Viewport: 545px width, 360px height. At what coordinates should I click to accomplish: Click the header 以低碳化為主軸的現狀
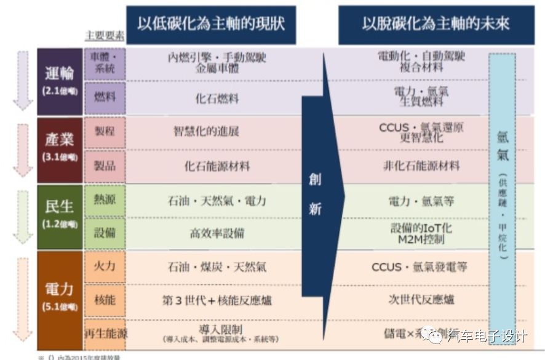[x=211, y=25]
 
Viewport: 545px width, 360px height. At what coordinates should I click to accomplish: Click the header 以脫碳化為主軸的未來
[x=436, y=25]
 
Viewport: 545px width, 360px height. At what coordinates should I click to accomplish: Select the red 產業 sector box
[x=60, y=148]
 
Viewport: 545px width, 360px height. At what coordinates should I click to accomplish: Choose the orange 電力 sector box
[x=60, y=298]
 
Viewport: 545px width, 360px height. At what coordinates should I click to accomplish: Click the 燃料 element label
[x=105, y=97]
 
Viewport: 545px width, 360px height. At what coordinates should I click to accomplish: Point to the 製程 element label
[x=105, y=132]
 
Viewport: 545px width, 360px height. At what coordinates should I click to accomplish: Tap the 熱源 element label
[x=105, y=199]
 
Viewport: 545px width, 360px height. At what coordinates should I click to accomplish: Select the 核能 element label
[x=105, y=300]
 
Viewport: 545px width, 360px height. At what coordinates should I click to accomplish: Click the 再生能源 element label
[x=105, y=334]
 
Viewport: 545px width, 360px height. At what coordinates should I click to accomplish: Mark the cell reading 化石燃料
[x=212, y=98]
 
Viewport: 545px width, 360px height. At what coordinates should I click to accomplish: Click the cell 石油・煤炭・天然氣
[x=217, y=267]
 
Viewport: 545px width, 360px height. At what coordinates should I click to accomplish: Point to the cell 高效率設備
[x=217, y=233]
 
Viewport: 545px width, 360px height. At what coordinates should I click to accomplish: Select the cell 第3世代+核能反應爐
[x=217, y=301]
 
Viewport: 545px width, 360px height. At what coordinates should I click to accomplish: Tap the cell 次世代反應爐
[x=421, y=300]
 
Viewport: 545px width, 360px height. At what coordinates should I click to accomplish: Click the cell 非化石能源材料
[x=421, y=166]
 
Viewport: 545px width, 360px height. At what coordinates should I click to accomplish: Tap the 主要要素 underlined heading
[x=104, y=36]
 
